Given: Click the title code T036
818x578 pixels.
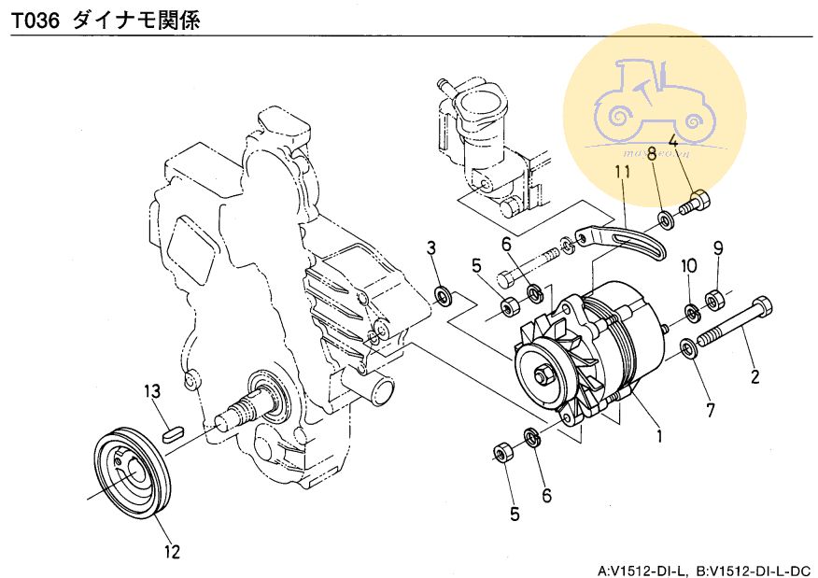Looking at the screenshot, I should click(35, 20).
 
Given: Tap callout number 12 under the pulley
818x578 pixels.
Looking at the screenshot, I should click(172, 551).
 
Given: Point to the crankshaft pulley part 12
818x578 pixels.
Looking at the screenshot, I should click(134, 471).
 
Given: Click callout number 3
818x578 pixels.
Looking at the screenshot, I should click(431, 247).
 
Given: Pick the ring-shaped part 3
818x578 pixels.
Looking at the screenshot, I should click(444, 297).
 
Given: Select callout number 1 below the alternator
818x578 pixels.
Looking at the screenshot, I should click(658, 435).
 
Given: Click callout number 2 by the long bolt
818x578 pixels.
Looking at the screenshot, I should click(755, 378).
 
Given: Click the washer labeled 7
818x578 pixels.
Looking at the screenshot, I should click(689, 349).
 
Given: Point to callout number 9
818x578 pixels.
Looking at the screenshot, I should click(718, 248).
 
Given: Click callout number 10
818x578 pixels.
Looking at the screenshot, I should click(689, 266).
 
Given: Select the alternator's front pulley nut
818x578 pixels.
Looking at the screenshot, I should click(542, 375).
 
